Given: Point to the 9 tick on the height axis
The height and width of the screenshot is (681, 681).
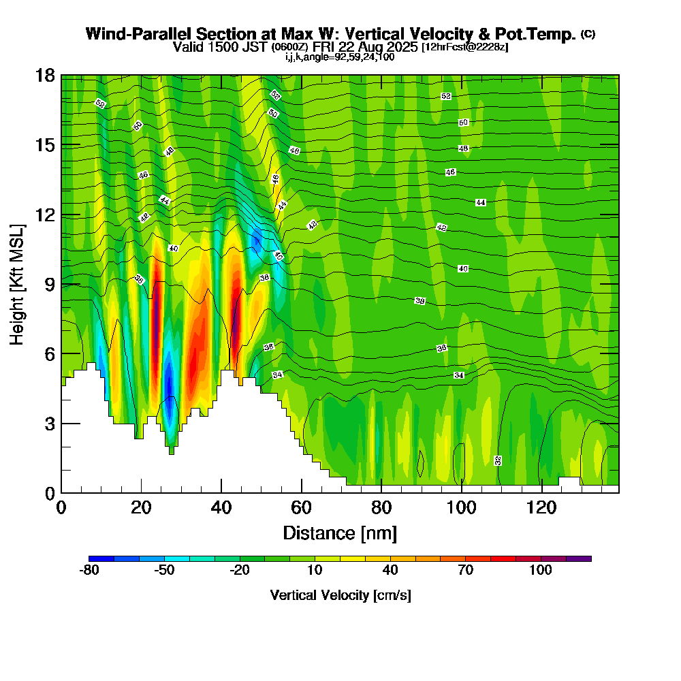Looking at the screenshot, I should coord(62,284).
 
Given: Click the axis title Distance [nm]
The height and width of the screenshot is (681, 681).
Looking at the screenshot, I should coord(340,533).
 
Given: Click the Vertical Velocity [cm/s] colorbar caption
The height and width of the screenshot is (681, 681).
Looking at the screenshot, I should coord(340,595).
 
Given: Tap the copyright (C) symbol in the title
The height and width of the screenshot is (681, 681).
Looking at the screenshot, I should coord(588,34).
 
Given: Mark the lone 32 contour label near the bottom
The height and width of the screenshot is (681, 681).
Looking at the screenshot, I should coord(498,460).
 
